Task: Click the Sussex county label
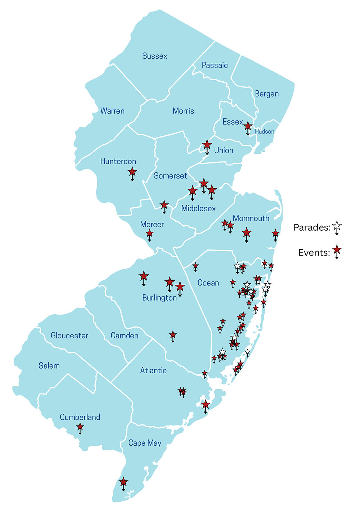tap(155, 56)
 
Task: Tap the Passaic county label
tap(215, 66)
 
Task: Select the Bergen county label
tap(267, 94)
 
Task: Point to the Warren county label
tap(112, 111)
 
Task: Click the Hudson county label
tap(265, 132)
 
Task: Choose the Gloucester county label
tap(69, 335)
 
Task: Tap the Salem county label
tap(49, 366)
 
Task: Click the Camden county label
tap(124, 335)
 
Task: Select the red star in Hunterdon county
tap(132, 171)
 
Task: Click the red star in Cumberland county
tap(80, 427)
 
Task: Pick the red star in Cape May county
tap(123, 481)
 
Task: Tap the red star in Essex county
tap(248, 126)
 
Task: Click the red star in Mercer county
tap(149, 234)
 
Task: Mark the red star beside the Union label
tap(207, 145)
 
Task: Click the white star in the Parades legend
tap(337, 226)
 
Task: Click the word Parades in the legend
tap(312, 228)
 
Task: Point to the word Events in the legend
tap(314, 253)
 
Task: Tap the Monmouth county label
tap(251, 219)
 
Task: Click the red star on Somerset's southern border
tap(164, 205)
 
